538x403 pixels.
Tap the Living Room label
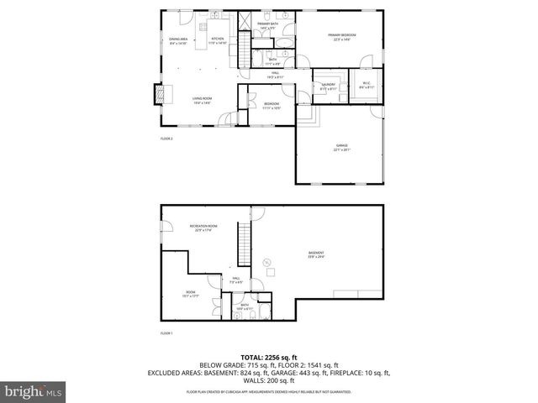tap(202, 101)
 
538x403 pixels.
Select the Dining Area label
tap(178, 40)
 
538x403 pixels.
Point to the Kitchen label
tap(218, 40)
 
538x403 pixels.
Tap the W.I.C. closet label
tap(367, 85)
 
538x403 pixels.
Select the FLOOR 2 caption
tap(166, 139)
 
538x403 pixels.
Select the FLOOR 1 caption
tap(166, 333)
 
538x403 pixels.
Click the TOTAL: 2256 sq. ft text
tap(269, 357)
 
